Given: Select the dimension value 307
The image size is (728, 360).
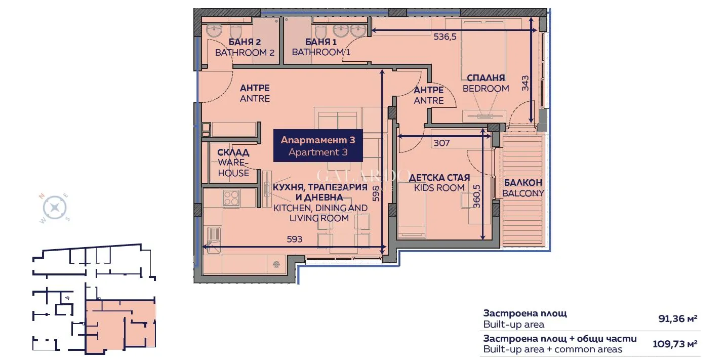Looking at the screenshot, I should [441, 143].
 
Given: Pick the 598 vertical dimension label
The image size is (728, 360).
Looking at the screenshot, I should [375, 193].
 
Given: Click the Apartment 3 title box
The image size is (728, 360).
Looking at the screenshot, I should [318, 145].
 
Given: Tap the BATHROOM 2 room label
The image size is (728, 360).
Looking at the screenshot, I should [245, 47].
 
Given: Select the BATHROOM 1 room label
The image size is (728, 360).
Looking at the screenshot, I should [321, 47].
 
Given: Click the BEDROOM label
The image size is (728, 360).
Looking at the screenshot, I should [486, 83].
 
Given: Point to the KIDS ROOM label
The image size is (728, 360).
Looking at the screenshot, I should [439, 183].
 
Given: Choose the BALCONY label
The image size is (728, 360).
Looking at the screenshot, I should [523, 188].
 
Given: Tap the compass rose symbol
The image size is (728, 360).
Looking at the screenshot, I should [55, 208].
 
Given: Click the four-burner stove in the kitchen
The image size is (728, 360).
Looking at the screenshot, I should [231, 197].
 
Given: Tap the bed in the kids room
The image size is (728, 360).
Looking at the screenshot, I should [411, 211].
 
